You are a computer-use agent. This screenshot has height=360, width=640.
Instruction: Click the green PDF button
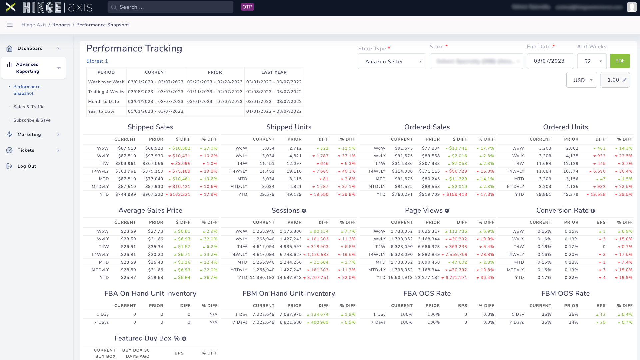coord(619,61)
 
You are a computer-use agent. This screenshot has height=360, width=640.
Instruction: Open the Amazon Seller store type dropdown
coord(392,62)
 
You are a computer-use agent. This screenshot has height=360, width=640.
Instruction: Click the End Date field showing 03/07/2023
coord(550,61)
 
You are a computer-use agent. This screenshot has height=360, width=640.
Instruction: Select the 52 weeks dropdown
coord(592,62)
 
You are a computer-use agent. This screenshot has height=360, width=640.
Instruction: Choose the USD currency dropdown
coord(581,80)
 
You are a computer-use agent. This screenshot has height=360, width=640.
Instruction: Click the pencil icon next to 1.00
coord(624,80)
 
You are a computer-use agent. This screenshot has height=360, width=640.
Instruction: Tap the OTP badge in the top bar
coord(247,7)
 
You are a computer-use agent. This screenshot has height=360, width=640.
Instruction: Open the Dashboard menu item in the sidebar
coord(30,49)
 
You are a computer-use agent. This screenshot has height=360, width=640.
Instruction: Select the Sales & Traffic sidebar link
coord(29,107)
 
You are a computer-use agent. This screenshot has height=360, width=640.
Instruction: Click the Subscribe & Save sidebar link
coord(32,120)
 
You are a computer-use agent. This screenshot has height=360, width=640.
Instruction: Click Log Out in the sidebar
coord(27,166)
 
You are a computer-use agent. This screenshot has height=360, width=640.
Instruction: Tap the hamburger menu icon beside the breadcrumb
coord(10,25)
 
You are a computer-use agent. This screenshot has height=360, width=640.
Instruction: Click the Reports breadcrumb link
coord(61,25)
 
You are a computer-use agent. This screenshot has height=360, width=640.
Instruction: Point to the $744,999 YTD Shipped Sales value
coord(126,195)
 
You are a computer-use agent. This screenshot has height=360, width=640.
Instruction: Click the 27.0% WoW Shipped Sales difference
coord(210,148)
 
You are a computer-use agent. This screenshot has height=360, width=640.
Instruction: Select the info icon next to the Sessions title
coord(304,211)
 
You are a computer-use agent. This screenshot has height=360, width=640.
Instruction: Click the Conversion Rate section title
coord(562,211)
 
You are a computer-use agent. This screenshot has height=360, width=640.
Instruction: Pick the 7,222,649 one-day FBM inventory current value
coord(263,315)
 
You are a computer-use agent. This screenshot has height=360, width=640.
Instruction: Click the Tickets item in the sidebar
coord(26,150)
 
